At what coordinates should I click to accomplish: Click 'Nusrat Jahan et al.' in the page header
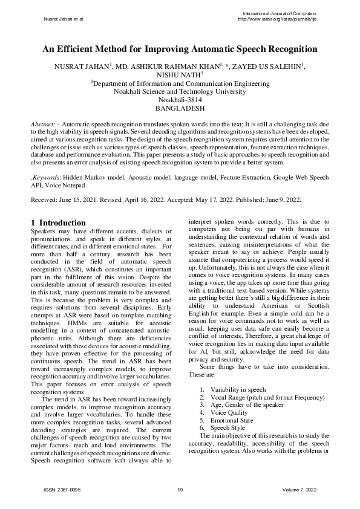[64, 19]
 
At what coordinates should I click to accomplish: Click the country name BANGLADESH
[180, 109]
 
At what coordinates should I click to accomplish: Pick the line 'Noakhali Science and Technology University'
[180, 92]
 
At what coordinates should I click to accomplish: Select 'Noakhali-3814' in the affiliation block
[180, 100]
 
